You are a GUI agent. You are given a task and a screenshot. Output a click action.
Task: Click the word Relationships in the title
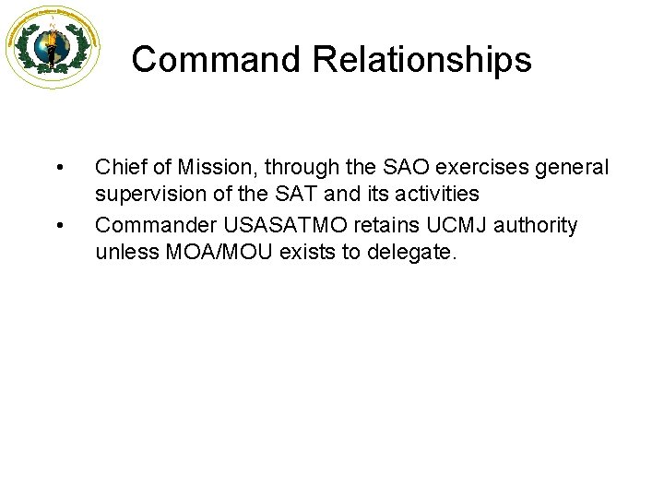421,60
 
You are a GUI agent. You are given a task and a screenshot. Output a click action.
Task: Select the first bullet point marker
59,168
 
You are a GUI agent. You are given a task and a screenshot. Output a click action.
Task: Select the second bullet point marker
59,225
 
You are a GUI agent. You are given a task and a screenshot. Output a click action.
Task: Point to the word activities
433,196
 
